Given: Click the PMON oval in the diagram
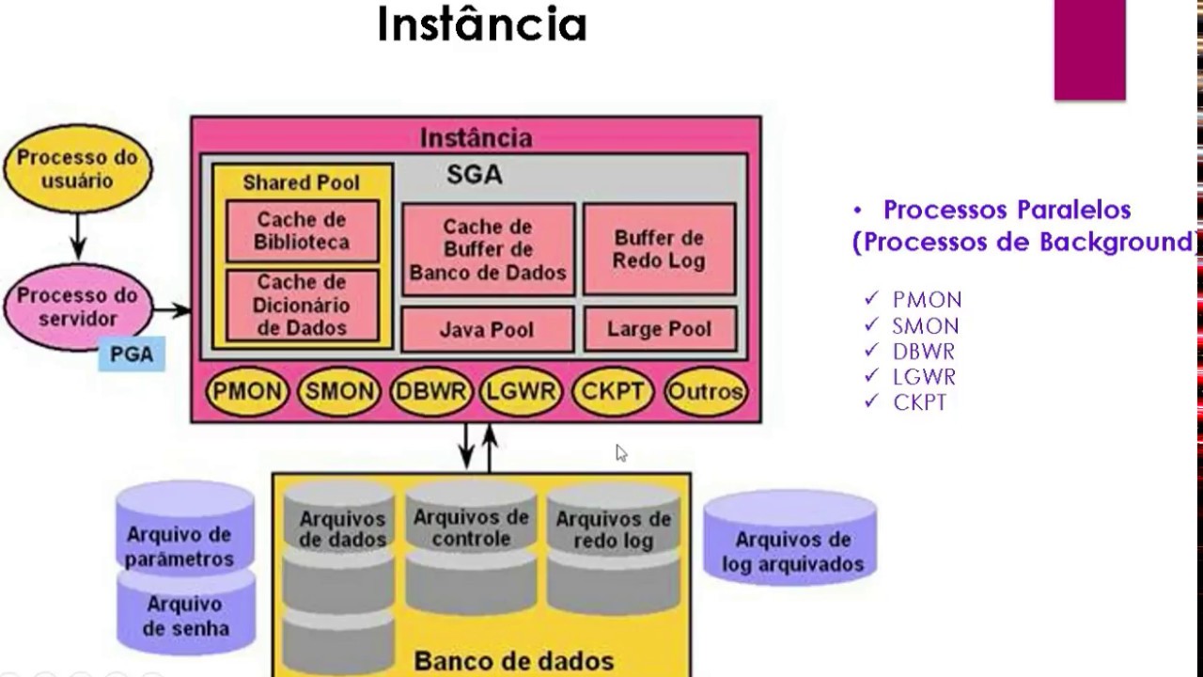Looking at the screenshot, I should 246,391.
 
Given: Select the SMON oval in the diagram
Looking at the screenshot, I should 338,391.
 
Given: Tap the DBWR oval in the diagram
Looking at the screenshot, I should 430,391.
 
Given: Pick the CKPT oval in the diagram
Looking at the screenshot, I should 613,391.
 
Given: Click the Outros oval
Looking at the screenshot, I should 705,391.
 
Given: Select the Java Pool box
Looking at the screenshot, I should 487,330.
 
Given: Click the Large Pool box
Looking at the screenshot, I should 658,329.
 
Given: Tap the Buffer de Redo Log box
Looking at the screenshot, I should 658,249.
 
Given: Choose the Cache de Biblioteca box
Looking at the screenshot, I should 302,230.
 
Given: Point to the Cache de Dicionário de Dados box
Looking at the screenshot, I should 302,306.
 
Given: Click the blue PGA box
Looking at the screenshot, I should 132,355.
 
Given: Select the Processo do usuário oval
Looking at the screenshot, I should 77,169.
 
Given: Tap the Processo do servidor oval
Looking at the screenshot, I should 77,307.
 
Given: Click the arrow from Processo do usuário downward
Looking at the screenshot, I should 78,235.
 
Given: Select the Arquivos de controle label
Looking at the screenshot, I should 471,527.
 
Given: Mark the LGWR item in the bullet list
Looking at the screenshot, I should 924,377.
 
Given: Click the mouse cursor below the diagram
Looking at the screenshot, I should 620,452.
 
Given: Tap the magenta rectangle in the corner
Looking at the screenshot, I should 1089,49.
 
